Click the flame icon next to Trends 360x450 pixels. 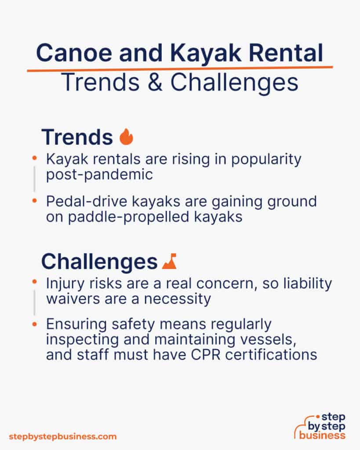pos(126,137)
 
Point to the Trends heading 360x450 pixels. pos(77,138)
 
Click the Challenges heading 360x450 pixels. pos(99,262)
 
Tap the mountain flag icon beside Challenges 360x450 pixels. pos(169,262)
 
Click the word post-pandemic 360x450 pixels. pos(99,174)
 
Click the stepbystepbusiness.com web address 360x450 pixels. pos(63,436)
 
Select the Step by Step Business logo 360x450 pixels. pos(320,426)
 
